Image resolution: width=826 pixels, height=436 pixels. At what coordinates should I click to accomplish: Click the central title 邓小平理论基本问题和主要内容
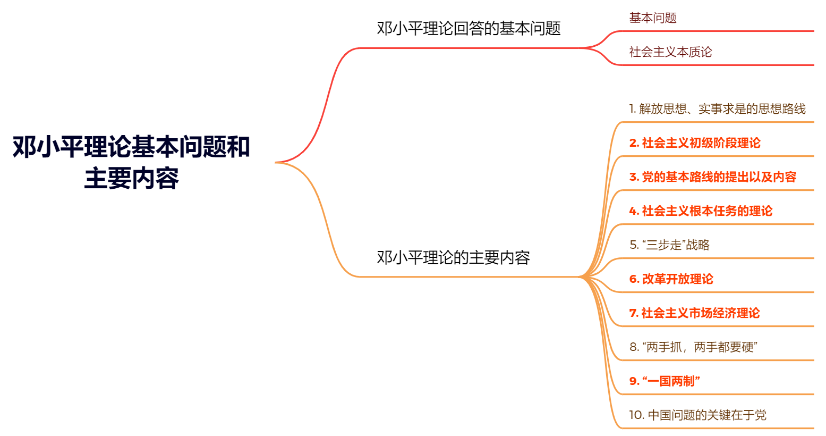click(x=131, y=162)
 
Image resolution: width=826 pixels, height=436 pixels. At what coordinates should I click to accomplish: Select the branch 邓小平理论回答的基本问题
click(x=469, y=28)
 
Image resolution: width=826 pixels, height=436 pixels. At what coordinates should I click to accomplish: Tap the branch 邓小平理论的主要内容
click(x=453, y=257)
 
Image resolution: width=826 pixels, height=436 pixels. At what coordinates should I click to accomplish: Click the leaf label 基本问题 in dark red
click(x=653, y=18)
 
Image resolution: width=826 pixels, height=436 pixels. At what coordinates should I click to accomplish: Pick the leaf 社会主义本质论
click(x=670, y=52)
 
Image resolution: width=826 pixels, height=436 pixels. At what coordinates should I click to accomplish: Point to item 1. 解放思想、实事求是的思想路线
click(x=717, y=109)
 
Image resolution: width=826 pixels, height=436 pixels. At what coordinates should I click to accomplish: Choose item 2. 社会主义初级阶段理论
click(x=695, y=143)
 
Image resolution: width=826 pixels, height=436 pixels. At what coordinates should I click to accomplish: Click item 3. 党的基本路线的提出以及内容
click(x=713, y=177)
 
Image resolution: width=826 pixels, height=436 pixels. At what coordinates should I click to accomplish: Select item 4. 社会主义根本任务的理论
click(x=701, y=211)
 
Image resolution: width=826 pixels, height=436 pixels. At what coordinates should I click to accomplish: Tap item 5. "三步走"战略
click(x=669, y=245)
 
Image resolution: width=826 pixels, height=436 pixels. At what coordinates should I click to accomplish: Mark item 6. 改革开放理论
click(x=671, y=279)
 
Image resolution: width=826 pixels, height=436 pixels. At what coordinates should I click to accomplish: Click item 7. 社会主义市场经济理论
click(x=695, y=313)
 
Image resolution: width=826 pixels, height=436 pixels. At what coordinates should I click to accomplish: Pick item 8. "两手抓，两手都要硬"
click(x=694, y=347)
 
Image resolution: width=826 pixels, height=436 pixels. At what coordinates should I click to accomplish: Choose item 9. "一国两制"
click(x=665, y=381)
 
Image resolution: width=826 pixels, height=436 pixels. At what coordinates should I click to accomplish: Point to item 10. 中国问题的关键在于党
click(x=698, y=415)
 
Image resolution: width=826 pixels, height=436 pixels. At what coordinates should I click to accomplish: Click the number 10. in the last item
click(x=636, y=415)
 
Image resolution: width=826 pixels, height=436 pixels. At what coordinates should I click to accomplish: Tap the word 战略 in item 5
click(x=698, y=245)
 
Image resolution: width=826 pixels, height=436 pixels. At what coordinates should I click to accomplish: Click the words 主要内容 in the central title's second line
click(x=131, y=178)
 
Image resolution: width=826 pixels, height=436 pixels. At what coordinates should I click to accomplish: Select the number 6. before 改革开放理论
click(x=634, y=279)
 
